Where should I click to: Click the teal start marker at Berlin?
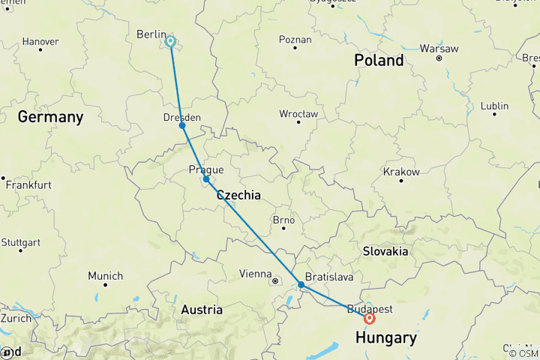coord(171,42)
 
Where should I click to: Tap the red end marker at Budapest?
coord(370,318)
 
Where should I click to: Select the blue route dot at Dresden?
coord(182,125)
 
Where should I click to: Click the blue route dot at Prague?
coord(206,179)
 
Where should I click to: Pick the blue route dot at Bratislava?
coord(301,284)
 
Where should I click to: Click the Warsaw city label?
coord(439,48)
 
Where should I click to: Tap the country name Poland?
coord(379,60)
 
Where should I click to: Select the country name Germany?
coord(50,117)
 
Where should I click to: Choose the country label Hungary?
coord(386,338)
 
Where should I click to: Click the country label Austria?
coord(202,309)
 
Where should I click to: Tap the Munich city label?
coord(105,276)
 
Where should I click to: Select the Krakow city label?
coord(401,172)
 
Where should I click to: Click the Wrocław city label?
coord(298,113)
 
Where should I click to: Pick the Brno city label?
coord(283,220)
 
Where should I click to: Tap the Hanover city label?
coord(40,41)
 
